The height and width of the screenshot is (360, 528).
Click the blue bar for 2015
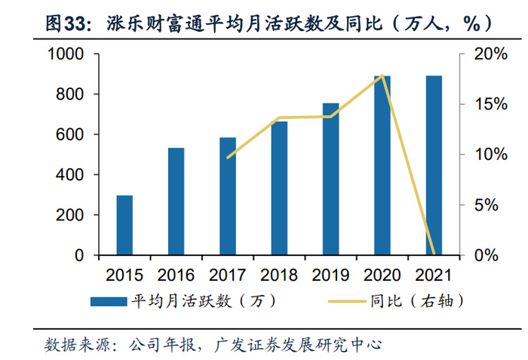point(124,225)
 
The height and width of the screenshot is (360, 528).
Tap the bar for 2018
point(279,188)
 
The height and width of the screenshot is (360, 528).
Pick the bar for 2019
point(331,179)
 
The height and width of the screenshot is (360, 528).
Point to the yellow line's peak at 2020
point(382,75)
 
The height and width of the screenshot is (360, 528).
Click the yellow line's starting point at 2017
point(228,157)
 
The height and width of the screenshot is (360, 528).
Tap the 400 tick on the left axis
point(71,175)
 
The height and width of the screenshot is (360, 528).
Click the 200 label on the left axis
point(71,215)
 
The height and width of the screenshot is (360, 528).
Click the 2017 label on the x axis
point(228,274)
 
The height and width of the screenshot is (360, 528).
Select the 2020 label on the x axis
point(382,274)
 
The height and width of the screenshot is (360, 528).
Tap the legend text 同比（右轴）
point(416,301)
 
